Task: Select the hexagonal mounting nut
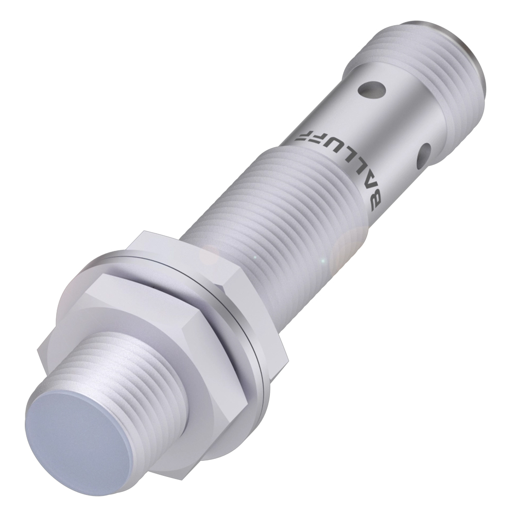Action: coord(158,332)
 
